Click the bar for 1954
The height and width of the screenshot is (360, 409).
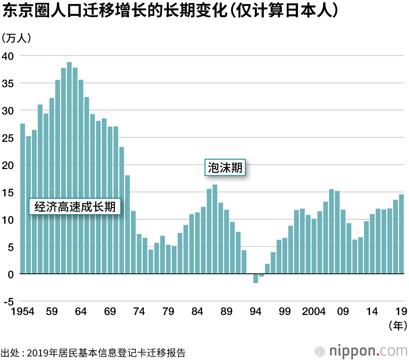[22, 198]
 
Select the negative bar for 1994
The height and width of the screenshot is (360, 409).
[256, 278]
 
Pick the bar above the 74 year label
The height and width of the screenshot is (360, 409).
[139, 254]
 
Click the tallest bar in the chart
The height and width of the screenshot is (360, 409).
[69, 168]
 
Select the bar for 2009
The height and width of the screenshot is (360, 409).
[343, 242]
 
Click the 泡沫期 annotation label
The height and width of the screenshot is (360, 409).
[225, 168]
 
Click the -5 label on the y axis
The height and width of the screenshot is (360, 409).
[8, 302]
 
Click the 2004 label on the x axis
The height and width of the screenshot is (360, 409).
[314, 312]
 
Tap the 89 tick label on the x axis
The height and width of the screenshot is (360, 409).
[226, 312]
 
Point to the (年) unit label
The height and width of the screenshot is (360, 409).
[397, 326]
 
